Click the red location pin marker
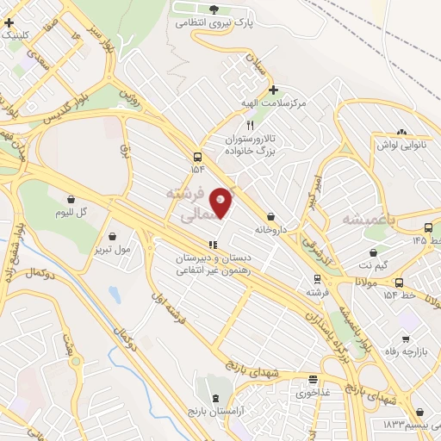[x=221, y=202]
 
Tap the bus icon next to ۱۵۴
[x=198, y=157]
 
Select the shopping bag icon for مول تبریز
[x=114, y=236]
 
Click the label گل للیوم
[x=71, y=212]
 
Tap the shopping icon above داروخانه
[x=272, y=216]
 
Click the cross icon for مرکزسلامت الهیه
[x=273, y=89]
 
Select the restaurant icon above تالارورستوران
[x=250, y=124]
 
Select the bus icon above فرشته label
[x=317, y=278]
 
